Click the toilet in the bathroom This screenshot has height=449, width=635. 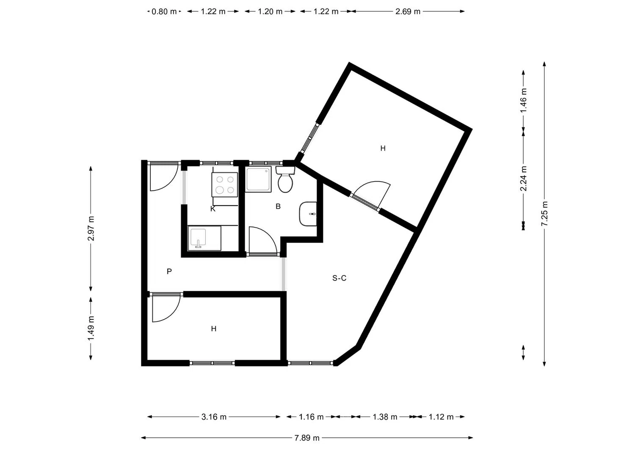point(285,179)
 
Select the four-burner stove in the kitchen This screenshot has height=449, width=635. point(224,185)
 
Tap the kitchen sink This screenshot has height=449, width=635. point(204,238)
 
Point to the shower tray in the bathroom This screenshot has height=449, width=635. point(258,179)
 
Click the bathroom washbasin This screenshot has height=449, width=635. point(308,214)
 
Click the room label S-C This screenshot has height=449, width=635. point(340,278)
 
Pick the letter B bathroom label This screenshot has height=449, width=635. point(278,207)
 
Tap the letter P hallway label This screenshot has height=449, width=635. point(169,272)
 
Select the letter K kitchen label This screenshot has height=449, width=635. point(213,209)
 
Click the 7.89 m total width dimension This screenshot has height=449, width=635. point(307,438)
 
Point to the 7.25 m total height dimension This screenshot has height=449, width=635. point(544,213)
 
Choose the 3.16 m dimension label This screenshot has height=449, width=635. point(214,417)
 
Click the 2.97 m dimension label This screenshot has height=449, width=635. point(91,228)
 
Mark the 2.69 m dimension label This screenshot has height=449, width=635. point(408,11)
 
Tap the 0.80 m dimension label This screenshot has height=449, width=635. point(164,11)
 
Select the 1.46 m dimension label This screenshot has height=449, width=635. point(523,100)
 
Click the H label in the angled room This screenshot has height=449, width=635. point(383,148)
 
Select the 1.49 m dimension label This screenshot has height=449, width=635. point(91,329)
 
